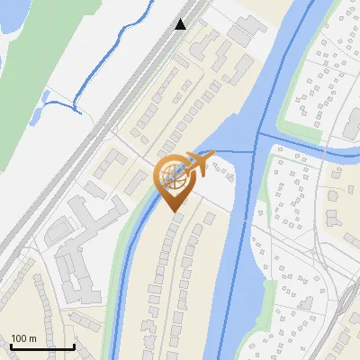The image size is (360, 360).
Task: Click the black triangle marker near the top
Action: pos(181,24)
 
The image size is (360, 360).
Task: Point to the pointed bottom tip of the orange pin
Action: pos(172,211)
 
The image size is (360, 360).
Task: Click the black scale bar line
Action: pos(41,346)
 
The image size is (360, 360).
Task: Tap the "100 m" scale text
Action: pos(23,338)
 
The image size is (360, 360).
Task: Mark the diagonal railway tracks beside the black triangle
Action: pos(135,90)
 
